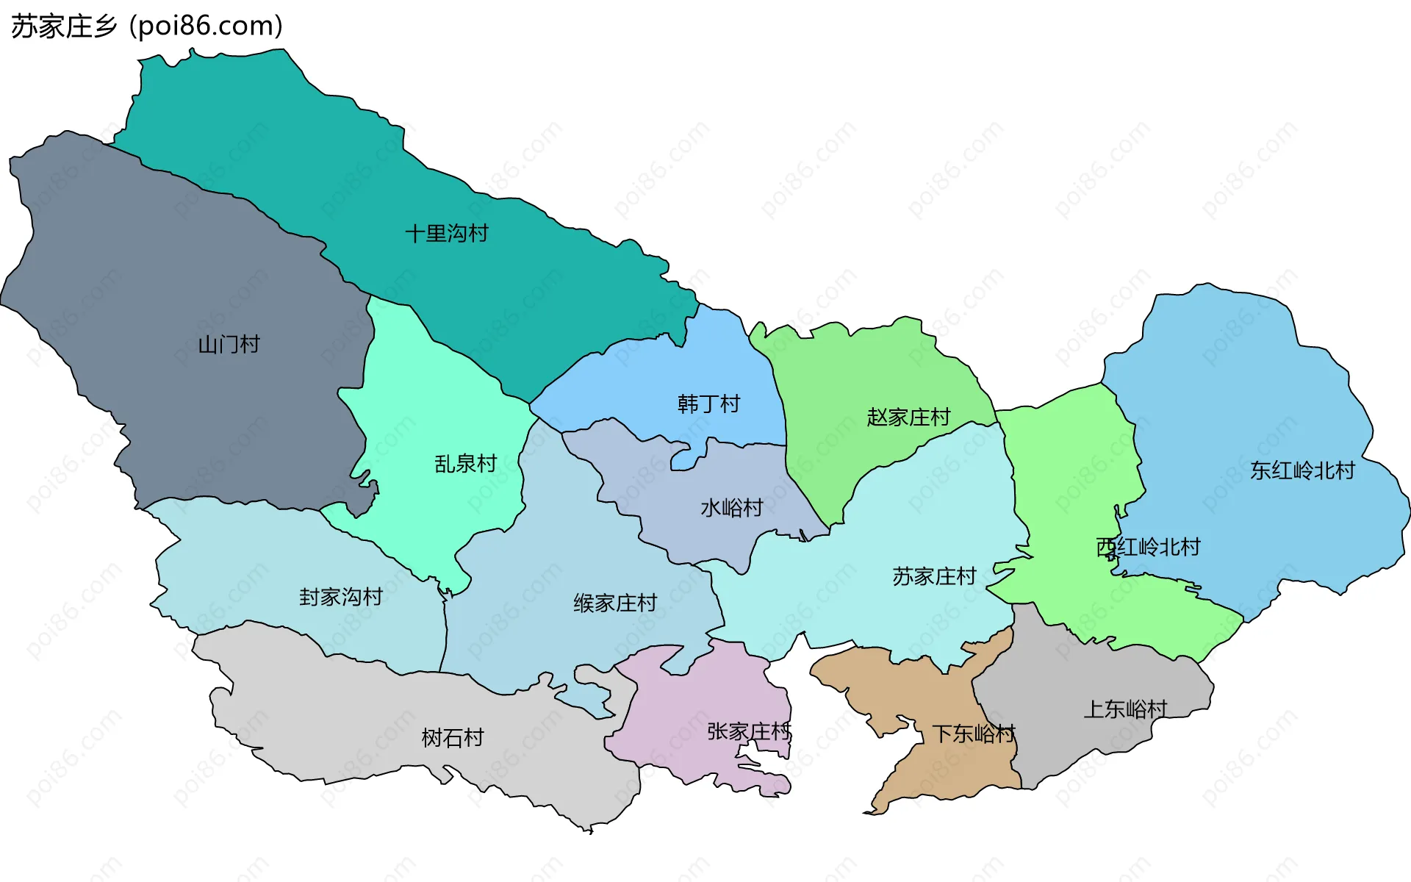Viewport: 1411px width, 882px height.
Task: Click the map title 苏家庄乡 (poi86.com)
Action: tap(147, 26)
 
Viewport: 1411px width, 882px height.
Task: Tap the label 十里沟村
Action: tap(447, 234)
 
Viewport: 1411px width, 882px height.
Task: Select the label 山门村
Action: tap(229, 344)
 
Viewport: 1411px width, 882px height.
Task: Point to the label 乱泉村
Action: tap(466, 464)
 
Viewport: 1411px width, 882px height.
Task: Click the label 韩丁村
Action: tap(708, 404)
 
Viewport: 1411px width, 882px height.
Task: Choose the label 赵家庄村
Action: tap(908, 417)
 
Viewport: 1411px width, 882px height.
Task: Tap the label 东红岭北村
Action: tap(1302, 470)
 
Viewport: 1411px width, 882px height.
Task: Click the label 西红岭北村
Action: tap(1148, 547)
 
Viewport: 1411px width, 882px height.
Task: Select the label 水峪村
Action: tap(732, 508)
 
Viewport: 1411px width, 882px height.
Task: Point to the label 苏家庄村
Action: tap(934, 576)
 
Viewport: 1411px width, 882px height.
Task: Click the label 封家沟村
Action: tap(341, 597)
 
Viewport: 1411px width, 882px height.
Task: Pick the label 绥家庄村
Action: tap(615, 603)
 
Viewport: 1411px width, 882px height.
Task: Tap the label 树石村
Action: tap(453, 738)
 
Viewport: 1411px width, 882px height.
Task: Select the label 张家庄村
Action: tap(749, 731)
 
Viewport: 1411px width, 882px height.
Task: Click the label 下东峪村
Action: tap(973, 734)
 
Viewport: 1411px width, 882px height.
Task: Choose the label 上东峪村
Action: tap(1125, 709)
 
